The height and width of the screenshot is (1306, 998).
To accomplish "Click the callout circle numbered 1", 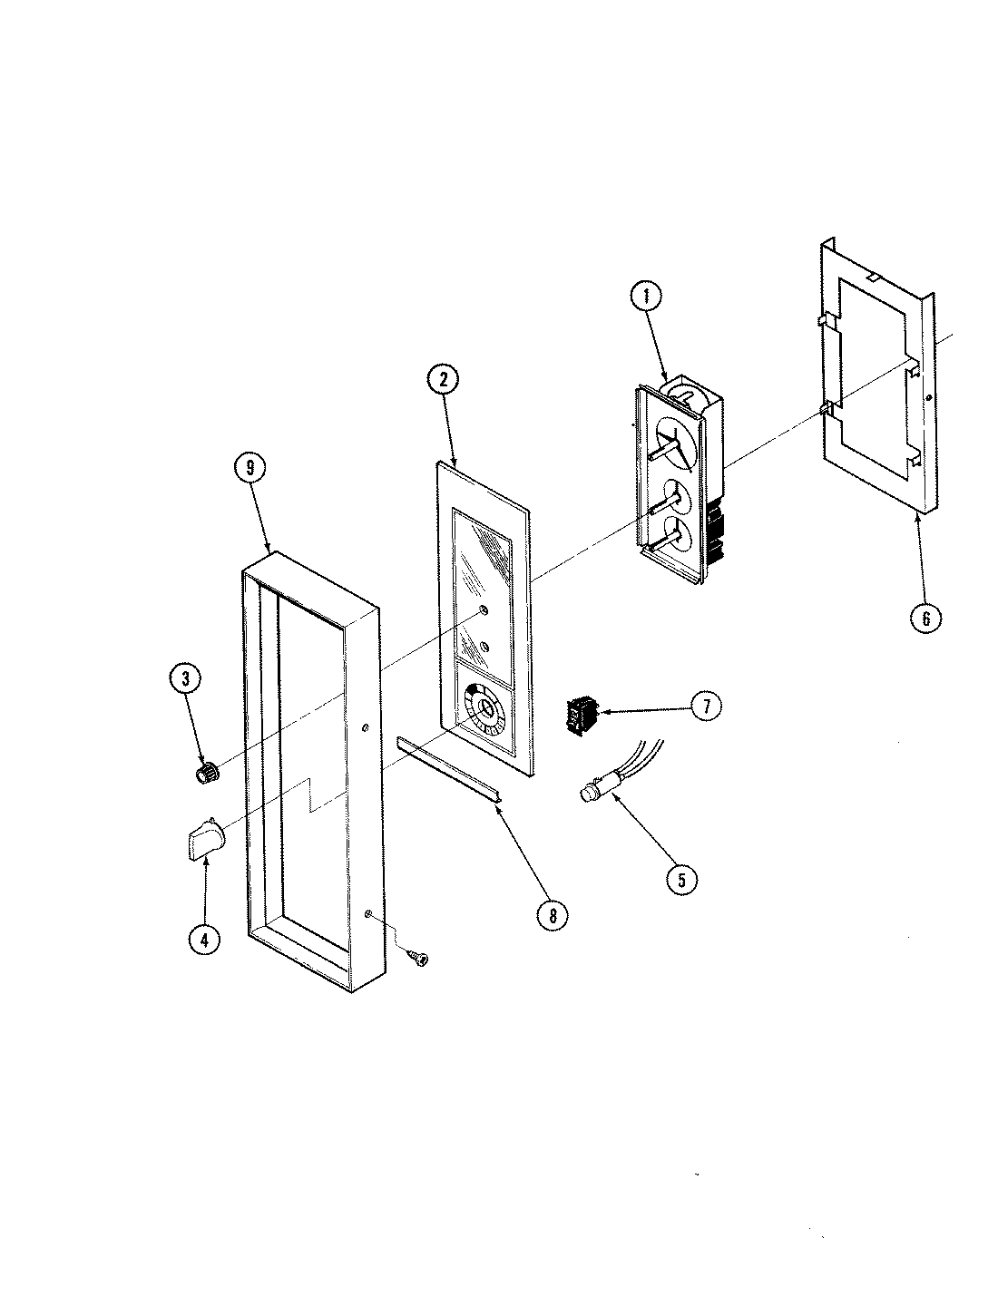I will click(646, 297).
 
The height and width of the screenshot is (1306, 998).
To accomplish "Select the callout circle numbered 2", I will click(444, 381).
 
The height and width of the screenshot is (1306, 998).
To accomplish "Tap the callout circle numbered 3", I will click(184, 679).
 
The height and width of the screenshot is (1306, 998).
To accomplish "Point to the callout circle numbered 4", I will click(204, 940).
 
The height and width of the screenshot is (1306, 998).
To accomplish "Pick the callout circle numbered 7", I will click(707, 706).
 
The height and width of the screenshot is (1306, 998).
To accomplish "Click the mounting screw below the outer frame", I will click(420, 956).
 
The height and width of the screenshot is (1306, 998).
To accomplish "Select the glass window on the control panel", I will click(481, 580).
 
